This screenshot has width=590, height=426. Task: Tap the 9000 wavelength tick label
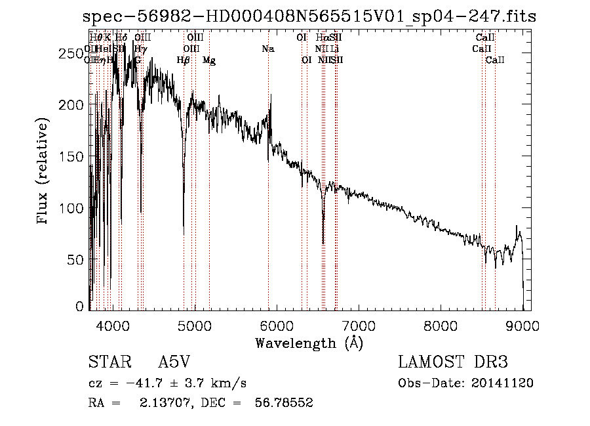[x=523, y=325]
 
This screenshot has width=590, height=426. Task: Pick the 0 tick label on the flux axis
[x=80, y=307]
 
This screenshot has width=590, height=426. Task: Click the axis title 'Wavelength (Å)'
[x=309, y=342]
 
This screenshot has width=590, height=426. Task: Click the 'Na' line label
[x=267, y=49]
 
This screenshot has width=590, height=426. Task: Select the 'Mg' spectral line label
[x=208, y=60]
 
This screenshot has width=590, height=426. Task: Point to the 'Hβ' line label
[x=184, y=60]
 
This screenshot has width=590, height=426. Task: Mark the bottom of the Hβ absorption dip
[x=184, y=234]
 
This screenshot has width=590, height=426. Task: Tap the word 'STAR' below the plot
[x=106, y=362]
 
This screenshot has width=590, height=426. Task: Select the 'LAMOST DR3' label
[x=452, y=362]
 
